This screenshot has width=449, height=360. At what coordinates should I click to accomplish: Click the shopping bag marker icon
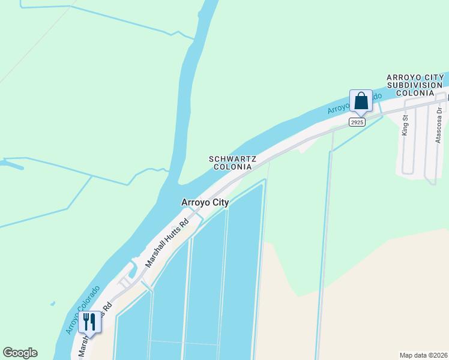coord(361,100)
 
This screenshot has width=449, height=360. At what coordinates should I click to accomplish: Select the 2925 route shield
coord(357,122)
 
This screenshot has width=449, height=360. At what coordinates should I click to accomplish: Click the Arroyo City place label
coord(205,203)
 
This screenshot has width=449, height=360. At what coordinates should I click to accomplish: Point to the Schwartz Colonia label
coord(233,163)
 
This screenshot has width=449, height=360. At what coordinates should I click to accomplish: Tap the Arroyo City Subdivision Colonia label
coord(415,85)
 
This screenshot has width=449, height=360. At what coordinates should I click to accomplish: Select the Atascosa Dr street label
coord(439,126)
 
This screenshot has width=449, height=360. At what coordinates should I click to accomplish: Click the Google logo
coord(20,353)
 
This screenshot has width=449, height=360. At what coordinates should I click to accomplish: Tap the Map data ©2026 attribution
coord(423,355)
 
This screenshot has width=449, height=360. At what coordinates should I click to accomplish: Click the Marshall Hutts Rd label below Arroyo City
coord(167,242)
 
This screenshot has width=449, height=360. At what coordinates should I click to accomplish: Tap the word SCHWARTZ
coord(233,159)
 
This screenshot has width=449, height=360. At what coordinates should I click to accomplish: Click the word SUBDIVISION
coord(415,85)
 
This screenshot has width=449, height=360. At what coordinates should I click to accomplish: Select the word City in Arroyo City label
coord(219,203)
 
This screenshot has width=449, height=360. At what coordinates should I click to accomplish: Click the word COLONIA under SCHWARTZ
coord(233,167)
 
